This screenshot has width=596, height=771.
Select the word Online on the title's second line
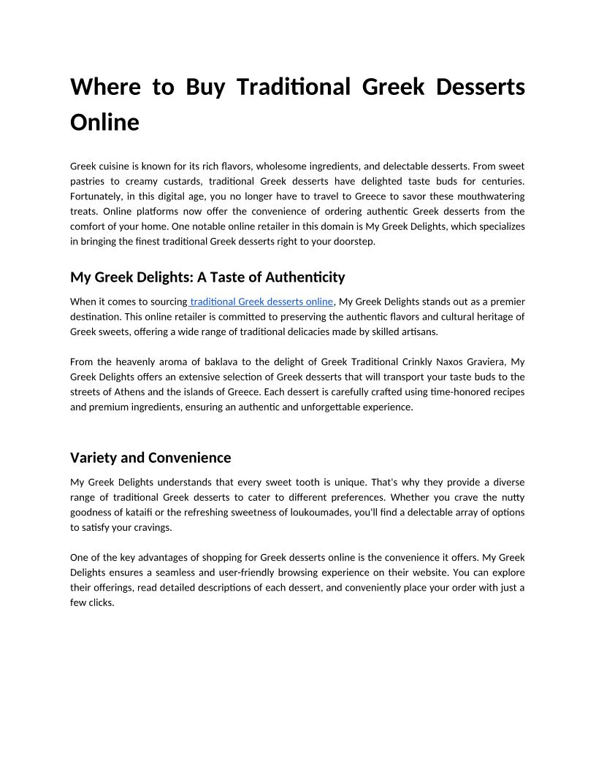(104, 122)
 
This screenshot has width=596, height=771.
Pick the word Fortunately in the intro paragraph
(97, 196)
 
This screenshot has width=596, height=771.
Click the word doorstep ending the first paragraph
(354, 242)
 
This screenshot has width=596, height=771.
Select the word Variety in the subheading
(93, 458)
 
